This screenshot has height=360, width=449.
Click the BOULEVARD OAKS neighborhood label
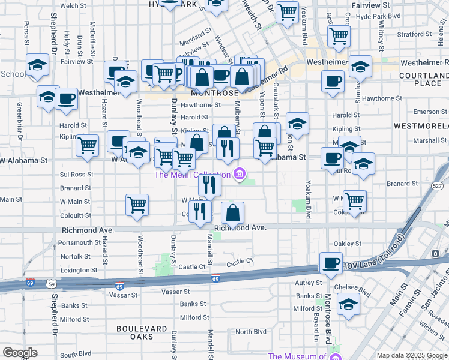click(x=142, y=332)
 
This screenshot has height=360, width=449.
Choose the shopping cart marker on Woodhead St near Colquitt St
click(x=137, y=205)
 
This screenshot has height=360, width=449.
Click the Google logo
click(x=20, y=353)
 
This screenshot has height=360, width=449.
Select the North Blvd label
click(x=250, y=332)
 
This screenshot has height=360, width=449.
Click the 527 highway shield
click(x=437, y=187)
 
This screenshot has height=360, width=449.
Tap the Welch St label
click(x=73, y=5)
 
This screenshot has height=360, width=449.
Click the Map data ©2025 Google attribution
click(x=412, y=355)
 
